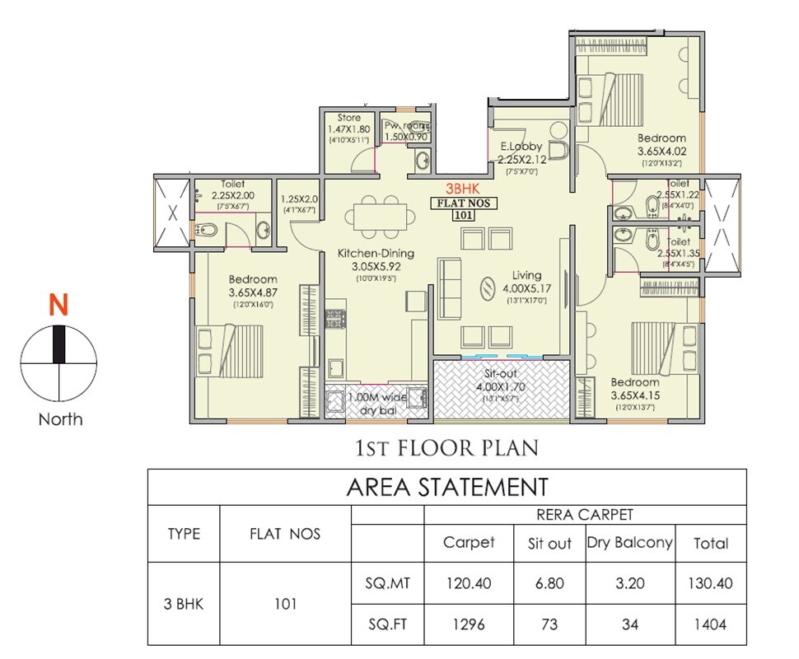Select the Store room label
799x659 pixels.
(349, 119)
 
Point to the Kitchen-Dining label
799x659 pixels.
(375, 253)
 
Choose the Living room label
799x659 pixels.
(527, 275)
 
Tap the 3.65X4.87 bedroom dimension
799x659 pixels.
(253, 292)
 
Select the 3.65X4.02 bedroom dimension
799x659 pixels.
(661, 152)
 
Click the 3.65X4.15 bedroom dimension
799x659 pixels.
(635, 395)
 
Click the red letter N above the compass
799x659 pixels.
(58, 306)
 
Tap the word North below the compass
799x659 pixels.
(60, 419)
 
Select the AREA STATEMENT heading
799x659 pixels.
(447, 487)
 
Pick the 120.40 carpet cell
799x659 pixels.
(470, 583)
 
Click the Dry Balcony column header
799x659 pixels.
(630, 543)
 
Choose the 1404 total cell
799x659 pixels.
(711, 624)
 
